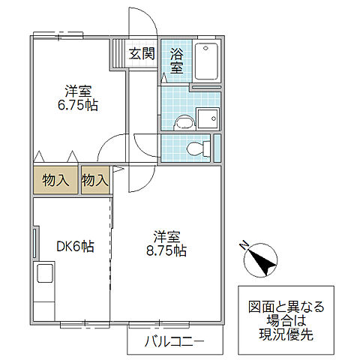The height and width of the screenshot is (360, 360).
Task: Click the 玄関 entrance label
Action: (141, 54)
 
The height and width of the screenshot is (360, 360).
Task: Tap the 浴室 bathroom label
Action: (176, 60)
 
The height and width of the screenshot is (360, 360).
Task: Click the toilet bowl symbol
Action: (197, 148)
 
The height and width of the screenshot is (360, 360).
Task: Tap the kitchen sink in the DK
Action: (44, 275)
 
